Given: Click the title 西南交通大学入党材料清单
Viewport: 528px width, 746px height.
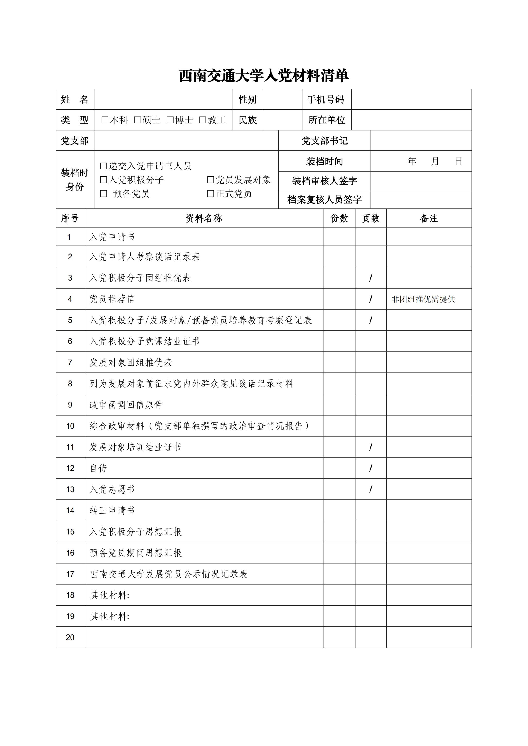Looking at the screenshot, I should coord(264,76).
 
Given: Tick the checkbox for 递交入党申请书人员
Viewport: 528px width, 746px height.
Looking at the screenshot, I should coord(104,166).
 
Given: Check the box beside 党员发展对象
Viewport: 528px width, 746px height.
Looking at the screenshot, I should coord(211,180).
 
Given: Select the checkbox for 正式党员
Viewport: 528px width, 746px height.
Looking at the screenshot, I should coord(211,194).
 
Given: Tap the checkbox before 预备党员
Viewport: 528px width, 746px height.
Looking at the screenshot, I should coord(104,194).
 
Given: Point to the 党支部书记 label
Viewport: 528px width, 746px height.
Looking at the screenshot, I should coord(325,141).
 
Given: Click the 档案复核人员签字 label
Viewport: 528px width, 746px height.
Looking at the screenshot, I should coord(325,199).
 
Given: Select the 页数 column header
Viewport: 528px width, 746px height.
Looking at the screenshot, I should coord(371,218).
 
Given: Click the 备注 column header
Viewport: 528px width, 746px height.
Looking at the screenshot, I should coord(429,218).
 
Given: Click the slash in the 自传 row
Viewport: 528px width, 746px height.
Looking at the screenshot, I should coord(371,468).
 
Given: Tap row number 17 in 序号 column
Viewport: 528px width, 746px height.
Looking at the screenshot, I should coord(70,574).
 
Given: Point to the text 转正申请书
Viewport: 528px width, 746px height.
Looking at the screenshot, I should coord(112,511).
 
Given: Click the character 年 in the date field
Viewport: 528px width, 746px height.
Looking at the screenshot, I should coord(412,161).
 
